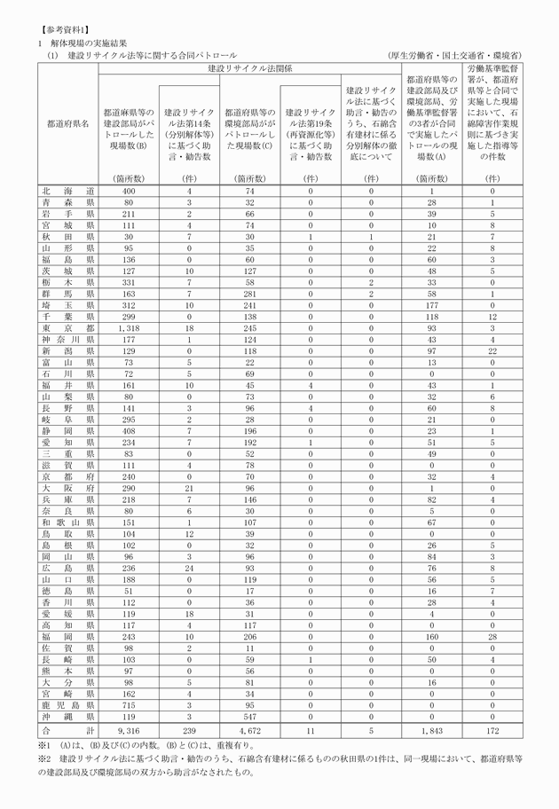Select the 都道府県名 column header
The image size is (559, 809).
pyautogui.click(x=67, y=124)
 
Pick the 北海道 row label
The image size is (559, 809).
pyautogui.click(x=67, y=191)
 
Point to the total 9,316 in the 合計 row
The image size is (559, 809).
pyautogui.click(x=129, y=728)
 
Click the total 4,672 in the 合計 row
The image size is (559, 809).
pyautogui.click(x=250, y=728)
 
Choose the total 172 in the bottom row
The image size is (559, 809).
pyautogui.click(x=492, y=728)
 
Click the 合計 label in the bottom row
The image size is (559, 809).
pyautogui.click(x=67, y=728)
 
